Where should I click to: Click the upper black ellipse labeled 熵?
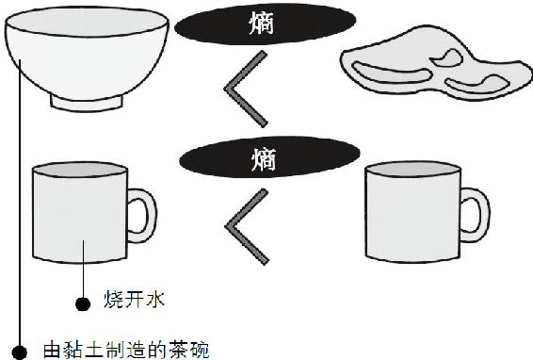pos(266,24)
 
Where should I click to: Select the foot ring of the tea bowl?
pos(87,104)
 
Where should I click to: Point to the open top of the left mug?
pos(80,170)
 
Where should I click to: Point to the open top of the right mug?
pos(412,169)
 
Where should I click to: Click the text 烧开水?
pos(135,300)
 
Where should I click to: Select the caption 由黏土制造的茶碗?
pos(126,350)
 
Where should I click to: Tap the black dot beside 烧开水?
pos(83,303)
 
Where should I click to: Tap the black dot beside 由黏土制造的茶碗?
pos(19,352)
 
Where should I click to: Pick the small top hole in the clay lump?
pos(446,58)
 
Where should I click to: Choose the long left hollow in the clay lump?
pos(391,74)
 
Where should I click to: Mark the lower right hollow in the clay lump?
pos(477,86)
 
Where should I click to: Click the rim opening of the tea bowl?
pos(87,21)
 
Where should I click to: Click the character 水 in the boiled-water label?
pos(155,300)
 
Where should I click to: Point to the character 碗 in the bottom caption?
pos(200,350)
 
